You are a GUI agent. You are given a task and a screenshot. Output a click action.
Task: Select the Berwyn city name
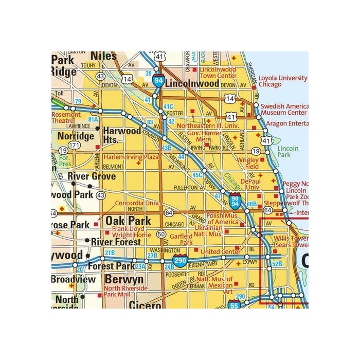click(x=124, y=279)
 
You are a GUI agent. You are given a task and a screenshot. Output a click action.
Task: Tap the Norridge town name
click(x=76, y=136)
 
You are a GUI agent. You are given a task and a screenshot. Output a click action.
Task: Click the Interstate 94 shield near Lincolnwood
click(x=158, y=80)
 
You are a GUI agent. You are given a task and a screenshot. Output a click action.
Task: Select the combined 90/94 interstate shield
click(x=235, y=200)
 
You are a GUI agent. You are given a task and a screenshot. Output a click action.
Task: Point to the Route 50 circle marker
click(x=161, y=234)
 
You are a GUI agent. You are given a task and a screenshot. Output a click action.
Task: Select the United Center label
click(x=220, y=251)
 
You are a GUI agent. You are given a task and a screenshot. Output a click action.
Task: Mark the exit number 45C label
click(x=196, y=175)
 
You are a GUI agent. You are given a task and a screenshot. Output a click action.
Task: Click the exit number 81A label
click(x=93, y=119)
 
